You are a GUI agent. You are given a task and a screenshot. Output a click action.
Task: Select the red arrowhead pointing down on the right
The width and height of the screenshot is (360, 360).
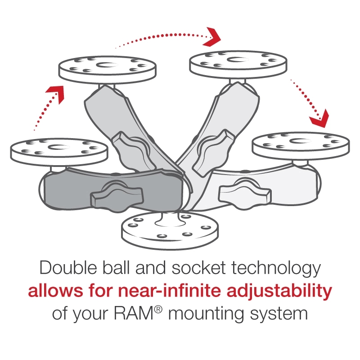tap(319, 118)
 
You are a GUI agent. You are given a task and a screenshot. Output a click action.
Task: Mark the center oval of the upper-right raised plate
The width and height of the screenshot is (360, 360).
tap(238, 63)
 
